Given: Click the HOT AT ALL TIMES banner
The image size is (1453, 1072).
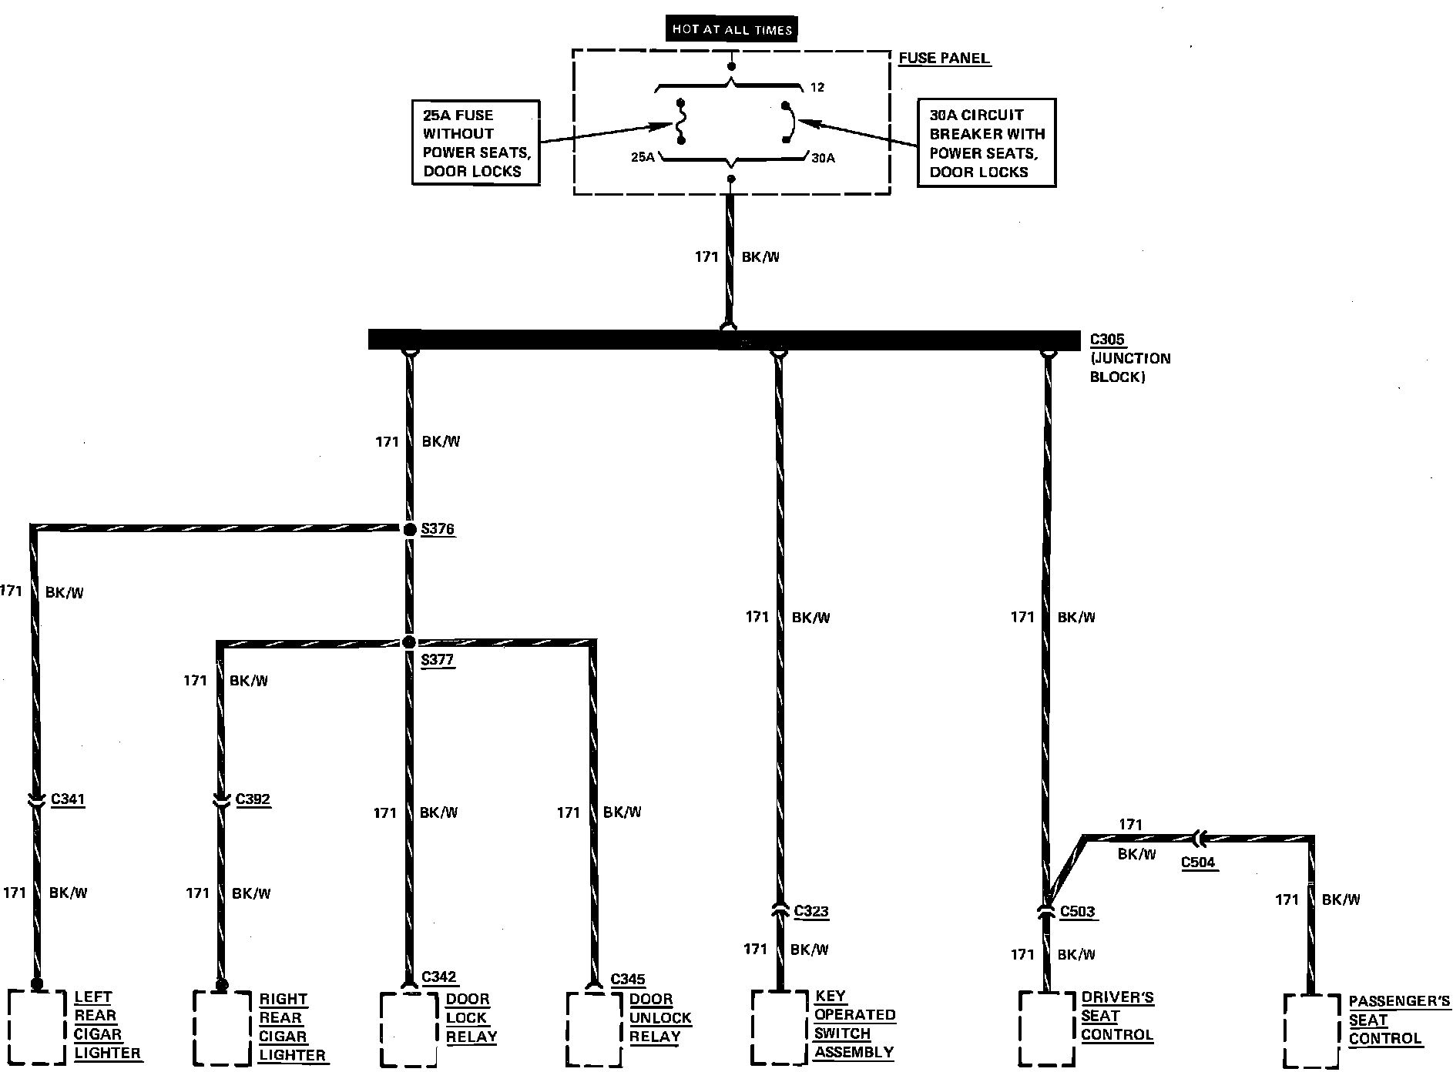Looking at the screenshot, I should (x=731, y=29).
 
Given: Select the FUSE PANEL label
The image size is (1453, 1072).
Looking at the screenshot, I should (x=944, y=59).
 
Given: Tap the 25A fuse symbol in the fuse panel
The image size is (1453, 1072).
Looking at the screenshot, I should (x=680, y=122).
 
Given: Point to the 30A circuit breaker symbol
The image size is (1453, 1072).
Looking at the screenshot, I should (x=788, y=122).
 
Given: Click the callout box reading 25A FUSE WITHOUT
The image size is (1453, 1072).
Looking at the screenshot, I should (x=475, y=142).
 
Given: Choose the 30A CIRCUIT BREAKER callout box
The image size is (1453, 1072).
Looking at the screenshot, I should (x=985, y=142).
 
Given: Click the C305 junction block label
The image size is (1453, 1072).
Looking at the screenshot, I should (x=1107, y=340).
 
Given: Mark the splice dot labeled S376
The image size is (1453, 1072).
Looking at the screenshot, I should (x=410, y=529).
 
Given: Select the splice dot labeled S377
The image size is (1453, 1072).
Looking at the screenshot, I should (x=409, y=642).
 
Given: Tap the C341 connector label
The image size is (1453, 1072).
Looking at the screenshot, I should (x=68, y=799).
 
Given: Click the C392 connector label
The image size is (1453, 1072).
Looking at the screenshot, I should (x=253, y=799).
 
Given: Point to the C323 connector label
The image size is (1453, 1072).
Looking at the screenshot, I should (x=810, y=911).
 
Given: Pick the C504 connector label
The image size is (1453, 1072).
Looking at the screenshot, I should (x=1198, y=862).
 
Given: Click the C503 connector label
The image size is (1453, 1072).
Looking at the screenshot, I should (x=1077, y=912).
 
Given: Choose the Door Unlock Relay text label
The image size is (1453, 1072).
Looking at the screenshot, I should (x=659, y=1017).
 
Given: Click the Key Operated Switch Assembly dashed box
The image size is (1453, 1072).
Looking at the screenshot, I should (x=780, y=1026).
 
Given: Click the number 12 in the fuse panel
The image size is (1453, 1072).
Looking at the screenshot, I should (x=817, y=88).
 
